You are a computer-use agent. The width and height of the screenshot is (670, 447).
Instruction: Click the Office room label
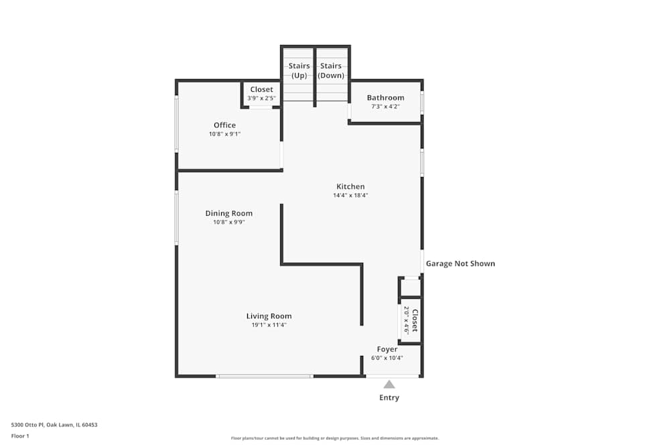coord(224,125)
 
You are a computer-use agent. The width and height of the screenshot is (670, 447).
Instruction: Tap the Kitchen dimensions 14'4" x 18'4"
coord(350,196)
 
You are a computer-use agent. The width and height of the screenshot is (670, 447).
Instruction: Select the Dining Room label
coord(229,214)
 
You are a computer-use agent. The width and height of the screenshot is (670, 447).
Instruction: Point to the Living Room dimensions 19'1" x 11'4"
coord(269,325)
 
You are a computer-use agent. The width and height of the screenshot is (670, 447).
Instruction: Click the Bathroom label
coord(385,98)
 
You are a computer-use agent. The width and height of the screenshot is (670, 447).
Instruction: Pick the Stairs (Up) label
coord(299,70)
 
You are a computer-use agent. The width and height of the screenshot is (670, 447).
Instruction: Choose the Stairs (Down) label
coord(331,70)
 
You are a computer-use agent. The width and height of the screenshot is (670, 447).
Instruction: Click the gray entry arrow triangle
coord(389,384)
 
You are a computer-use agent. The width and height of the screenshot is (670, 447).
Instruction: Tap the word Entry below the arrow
coord(389,397)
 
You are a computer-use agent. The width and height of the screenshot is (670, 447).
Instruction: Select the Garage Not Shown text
coord(460,263)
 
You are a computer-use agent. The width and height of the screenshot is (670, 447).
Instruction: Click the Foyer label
coord(387,349)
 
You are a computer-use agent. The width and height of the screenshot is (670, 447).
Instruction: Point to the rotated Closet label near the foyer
coord(415,320)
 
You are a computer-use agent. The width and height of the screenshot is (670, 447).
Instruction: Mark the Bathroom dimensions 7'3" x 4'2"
coord(385,107)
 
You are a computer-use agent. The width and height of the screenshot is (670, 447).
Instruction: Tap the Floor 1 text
coord(20,436)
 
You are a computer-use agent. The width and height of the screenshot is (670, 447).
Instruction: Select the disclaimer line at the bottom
coord(334,438)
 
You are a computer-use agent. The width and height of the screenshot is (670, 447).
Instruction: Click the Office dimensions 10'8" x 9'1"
coord(224,134)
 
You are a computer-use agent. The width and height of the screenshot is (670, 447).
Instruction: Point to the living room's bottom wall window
coord(264,376)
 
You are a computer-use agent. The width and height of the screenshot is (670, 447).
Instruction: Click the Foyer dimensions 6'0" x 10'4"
coord(387,358)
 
